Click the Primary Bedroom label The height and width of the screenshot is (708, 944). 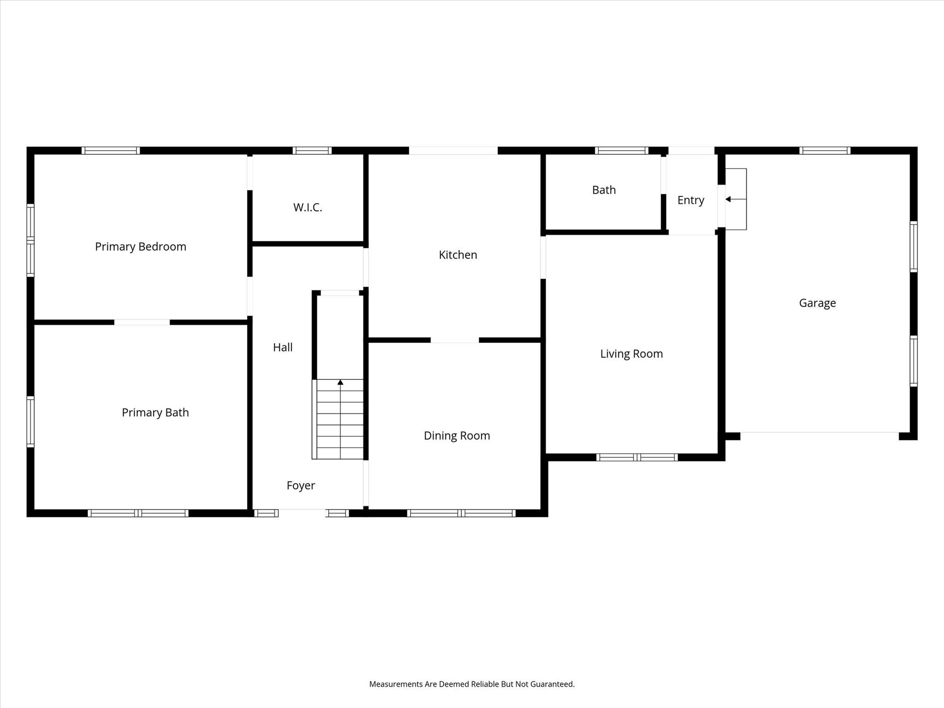pyautogui.click(x=141, y=247)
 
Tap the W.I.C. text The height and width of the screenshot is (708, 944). pyautogui.click(x=307, y=207)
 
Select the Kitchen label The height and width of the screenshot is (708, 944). pyautogui.click(x=458, y=255)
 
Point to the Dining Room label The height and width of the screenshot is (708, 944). pyautogui.click(x=457, y=436)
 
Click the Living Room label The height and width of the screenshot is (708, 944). pyautogui.click(x=631, y=354)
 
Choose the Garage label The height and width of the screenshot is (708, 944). pyautogui.click(x=817, y=303)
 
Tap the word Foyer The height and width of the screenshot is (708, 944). pyautogui.click(x=301, y=485)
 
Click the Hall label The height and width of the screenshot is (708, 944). pyautogui.click(x=283, y=348)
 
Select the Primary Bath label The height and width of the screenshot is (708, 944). pyautogui.click(x=155, y=413)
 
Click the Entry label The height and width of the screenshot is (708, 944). pyautogui.click(x=690, y=200)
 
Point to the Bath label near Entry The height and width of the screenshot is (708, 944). pyautogui.click(x=604, y=190)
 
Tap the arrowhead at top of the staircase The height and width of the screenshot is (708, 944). pyautogui.click(x=340, y=382)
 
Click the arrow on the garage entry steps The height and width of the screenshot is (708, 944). pyautogui.click(x=728, y=199)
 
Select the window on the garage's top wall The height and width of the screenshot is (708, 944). pyautogui.click(x=825, y=151)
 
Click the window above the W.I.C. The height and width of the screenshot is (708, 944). pyautogui.click(x=312, y=151)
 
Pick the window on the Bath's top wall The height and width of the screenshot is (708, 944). pyautogui.click(x=621, y=151)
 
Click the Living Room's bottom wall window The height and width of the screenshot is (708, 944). pyautogui.click(x=637, y=457)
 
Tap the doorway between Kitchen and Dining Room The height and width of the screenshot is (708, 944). pyautogui.click(x=454, y=340)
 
